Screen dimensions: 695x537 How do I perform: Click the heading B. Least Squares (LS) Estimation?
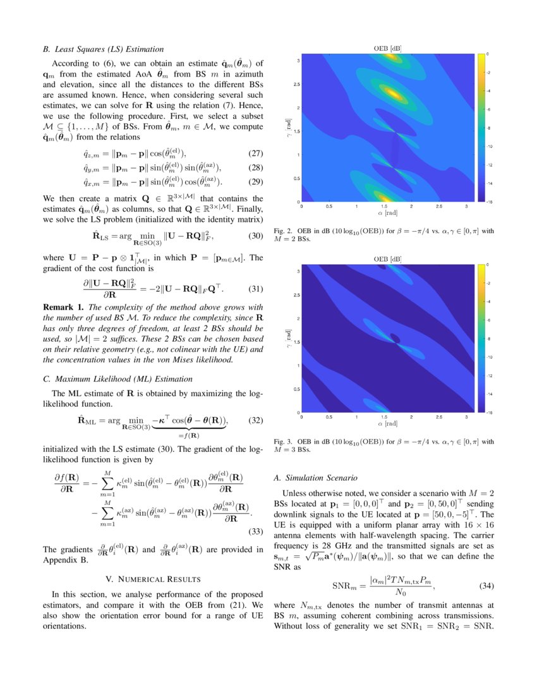pos(103,49)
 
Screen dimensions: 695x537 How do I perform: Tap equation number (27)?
pos(252,153)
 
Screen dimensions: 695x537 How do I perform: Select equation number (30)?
pos(252,236)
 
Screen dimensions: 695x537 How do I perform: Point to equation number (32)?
pos(252,420)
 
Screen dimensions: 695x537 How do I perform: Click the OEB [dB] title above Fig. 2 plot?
pos(387,48)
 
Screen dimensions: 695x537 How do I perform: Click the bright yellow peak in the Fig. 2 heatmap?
pos(393,94)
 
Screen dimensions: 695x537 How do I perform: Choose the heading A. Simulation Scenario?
pos(316,478)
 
